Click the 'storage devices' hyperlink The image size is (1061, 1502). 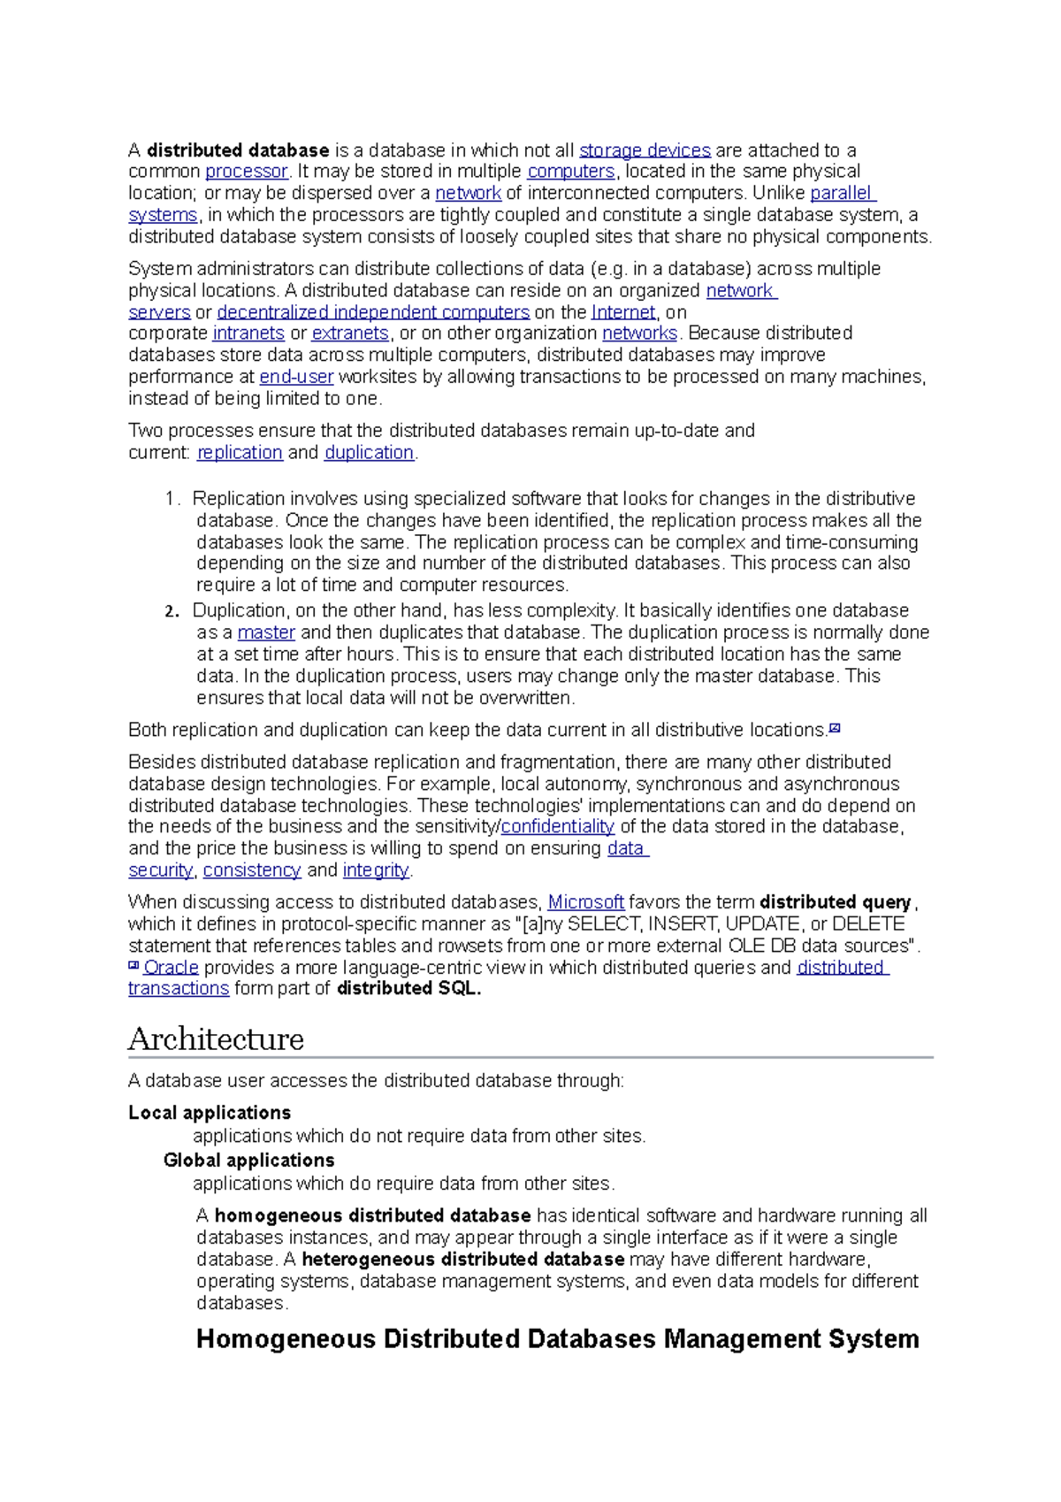645,150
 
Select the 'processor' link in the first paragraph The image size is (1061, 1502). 247,172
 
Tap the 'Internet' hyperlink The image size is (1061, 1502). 623,312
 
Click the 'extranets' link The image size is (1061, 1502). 350,333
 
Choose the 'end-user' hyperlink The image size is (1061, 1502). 296,377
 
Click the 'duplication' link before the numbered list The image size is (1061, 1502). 369,453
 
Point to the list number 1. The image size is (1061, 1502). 172,499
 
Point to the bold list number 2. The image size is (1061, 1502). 172,611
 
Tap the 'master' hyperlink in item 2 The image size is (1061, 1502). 266,632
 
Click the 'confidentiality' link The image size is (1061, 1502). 557,827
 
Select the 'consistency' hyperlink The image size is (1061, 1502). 252,870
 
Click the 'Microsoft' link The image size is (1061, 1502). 585,902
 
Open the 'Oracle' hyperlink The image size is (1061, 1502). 171,968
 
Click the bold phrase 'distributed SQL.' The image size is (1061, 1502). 409,989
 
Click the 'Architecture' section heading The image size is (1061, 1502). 216,1038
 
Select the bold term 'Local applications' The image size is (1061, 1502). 210,1113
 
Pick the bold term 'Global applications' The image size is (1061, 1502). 248,1161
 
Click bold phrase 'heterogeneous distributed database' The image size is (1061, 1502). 463,1260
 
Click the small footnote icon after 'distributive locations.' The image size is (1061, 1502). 834,729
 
